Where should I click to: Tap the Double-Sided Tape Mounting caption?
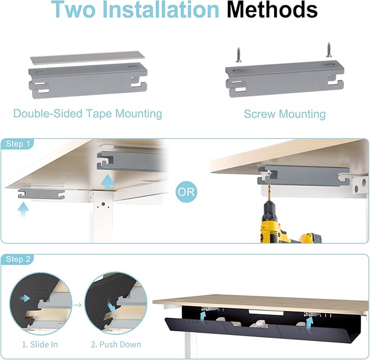tap(88, 113)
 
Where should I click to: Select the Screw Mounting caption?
tap(284, 114)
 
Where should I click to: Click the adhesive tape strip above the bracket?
tap(83, 57)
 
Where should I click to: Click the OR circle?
tap(187, 192)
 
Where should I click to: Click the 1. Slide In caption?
tap(39, 344)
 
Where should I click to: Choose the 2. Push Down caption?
tap(116, 344)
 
